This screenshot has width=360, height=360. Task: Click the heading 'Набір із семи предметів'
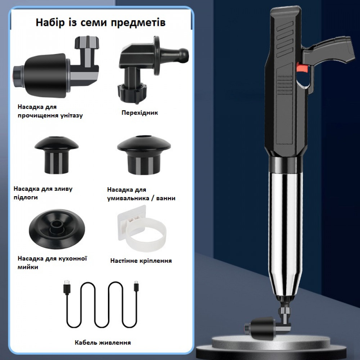pyautogui.click(x=100, y=22)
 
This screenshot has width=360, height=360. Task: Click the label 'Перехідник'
pyautogui.click(x=140, y=113)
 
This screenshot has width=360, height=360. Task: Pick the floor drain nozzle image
pyautogui.click(x=57, y=155)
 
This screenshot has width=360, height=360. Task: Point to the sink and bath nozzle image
pyautogui.click(x=144, y=155)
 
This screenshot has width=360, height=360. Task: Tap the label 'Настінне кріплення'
pyautogui.click(x=141, y=261)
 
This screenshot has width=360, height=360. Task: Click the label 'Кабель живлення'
pyautogui.click(x=103, y=343)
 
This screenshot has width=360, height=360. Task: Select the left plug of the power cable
pyautogui.click(x=67, y=287)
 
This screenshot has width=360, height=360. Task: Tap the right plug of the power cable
pyautogui.click(x=136, y=287)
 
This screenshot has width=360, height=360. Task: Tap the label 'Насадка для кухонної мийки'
pyautogui.click(x=52, y=263)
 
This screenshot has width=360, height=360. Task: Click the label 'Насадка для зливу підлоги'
pyautogui.click(x=43, y=193)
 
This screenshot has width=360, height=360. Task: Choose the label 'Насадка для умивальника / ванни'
pyautogui.click(x=141, y=194)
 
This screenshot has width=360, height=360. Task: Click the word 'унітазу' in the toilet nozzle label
pyautogui.click(x=72, y=116)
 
